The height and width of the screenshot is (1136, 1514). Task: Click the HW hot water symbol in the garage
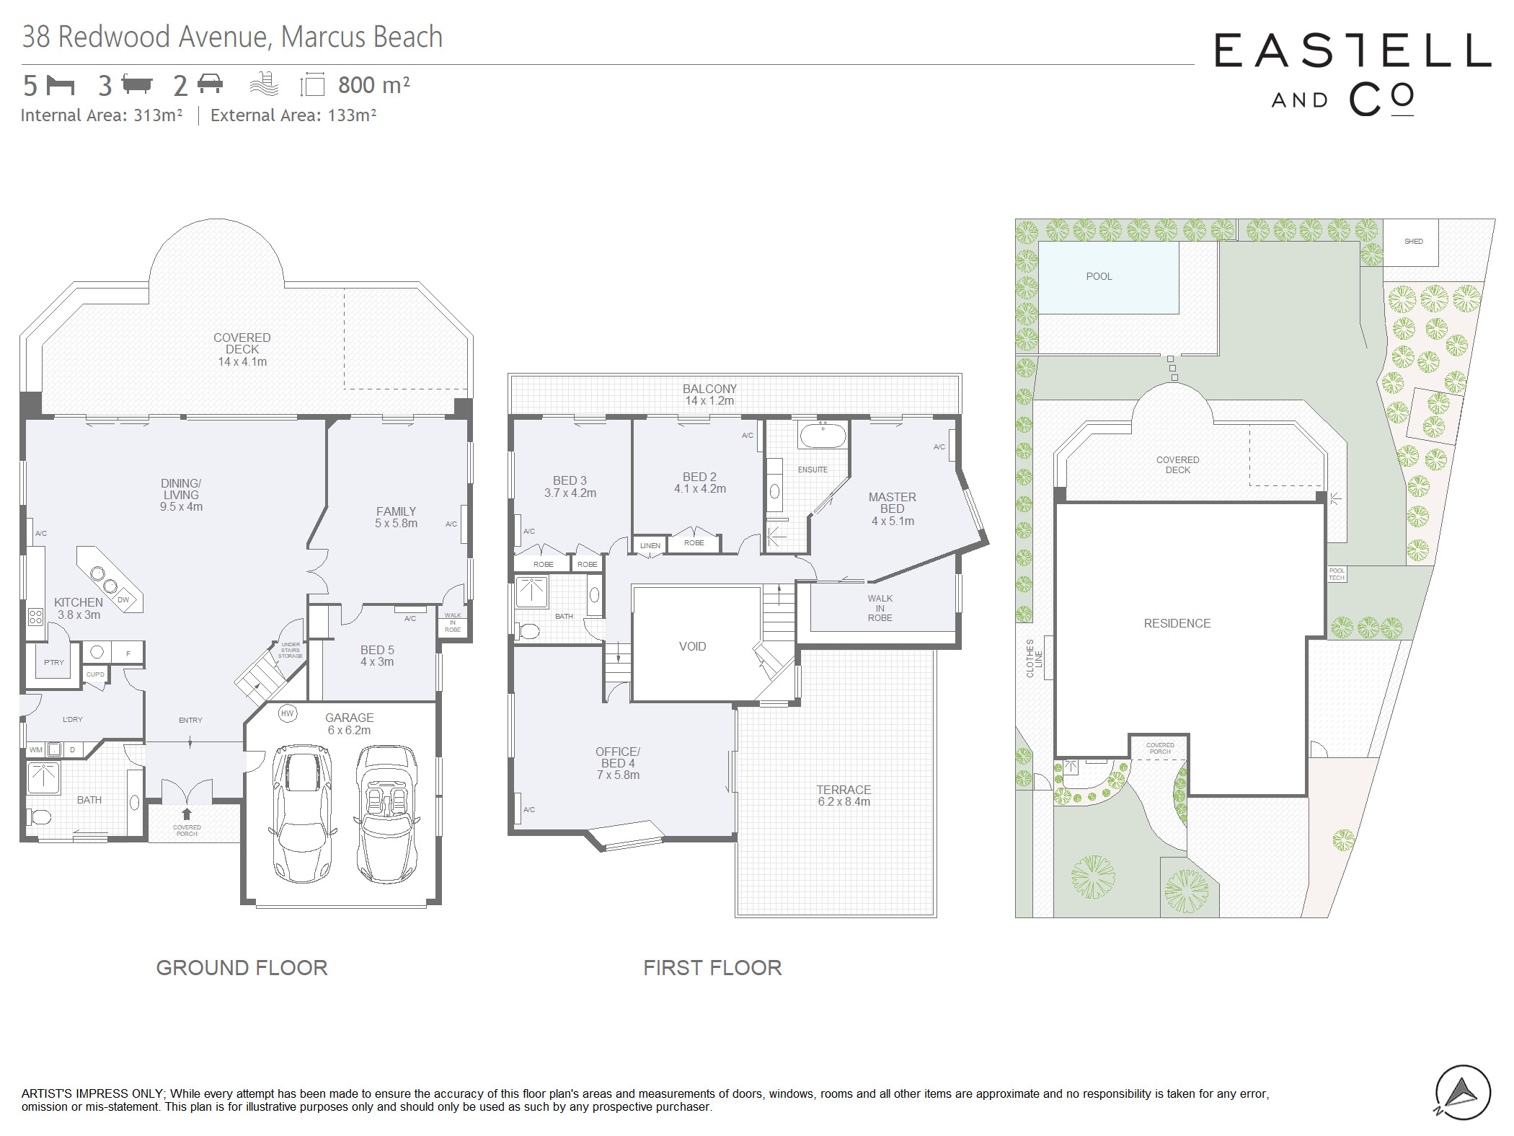point(287,713)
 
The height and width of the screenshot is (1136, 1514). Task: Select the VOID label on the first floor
point(692,646)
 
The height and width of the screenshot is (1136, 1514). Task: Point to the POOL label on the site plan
point(1099,276)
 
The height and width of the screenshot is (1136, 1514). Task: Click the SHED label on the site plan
point(1413,241)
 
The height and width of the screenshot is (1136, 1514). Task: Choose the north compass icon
point(1462,1093)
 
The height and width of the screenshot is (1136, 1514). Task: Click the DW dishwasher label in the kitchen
point(123,599)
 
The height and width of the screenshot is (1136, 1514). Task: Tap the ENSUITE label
point(813,470)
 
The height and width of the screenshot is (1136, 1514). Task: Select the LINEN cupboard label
point(650,545)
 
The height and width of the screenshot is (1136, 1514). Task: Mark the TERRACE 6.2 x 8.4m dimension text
point(844,796)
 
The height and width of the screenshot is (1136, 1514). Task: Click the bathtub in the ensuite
point(822,436)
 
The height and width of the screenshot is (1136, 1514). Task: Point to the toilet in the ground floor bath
point(39,816)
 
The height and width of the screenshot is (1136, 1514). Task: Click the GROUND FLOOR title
point(242,967)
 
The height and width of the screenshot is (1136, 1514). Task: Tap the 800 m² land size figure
point(374,84)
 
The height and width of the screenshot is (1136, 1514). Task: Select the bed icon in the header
point(61,85)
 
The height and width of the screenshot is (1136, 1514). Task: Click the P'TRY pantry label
point(54,662)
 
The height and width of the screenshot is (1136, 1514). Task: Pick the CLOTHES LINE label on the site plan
point(1034,658)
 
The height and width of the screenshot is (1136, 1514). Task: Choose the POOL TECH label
point(1337,574)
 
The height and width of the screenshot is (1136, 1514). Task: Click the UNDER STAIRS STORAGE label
point(291,650)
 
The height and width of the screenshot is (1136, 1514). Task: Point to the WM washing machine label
point(36,750)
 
